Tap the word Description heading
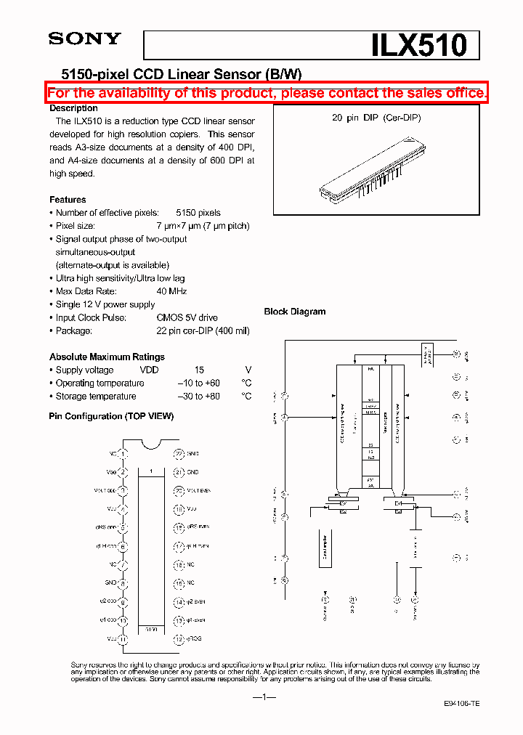coord(73,107)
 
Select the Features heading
coord(68,200)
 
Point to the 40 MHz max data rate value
coord(171,291)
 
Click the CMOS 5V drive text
coord(187,317)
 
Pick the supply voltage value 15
coord(199,370)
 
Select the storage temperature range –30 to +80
coord(198,396)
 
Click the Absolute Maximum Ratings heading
coord(107,357)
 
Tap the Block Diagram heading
coord(294,312)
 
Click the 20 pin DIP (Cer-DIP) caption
coord(376,118)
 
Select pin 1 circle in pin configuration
coord(123,453)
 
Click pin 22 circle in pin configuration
coord(178,453)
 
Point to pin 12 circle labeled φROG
coord(178,639)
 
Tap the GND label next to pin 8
coord(111,583)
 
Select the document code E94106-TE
coord(461,704)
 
